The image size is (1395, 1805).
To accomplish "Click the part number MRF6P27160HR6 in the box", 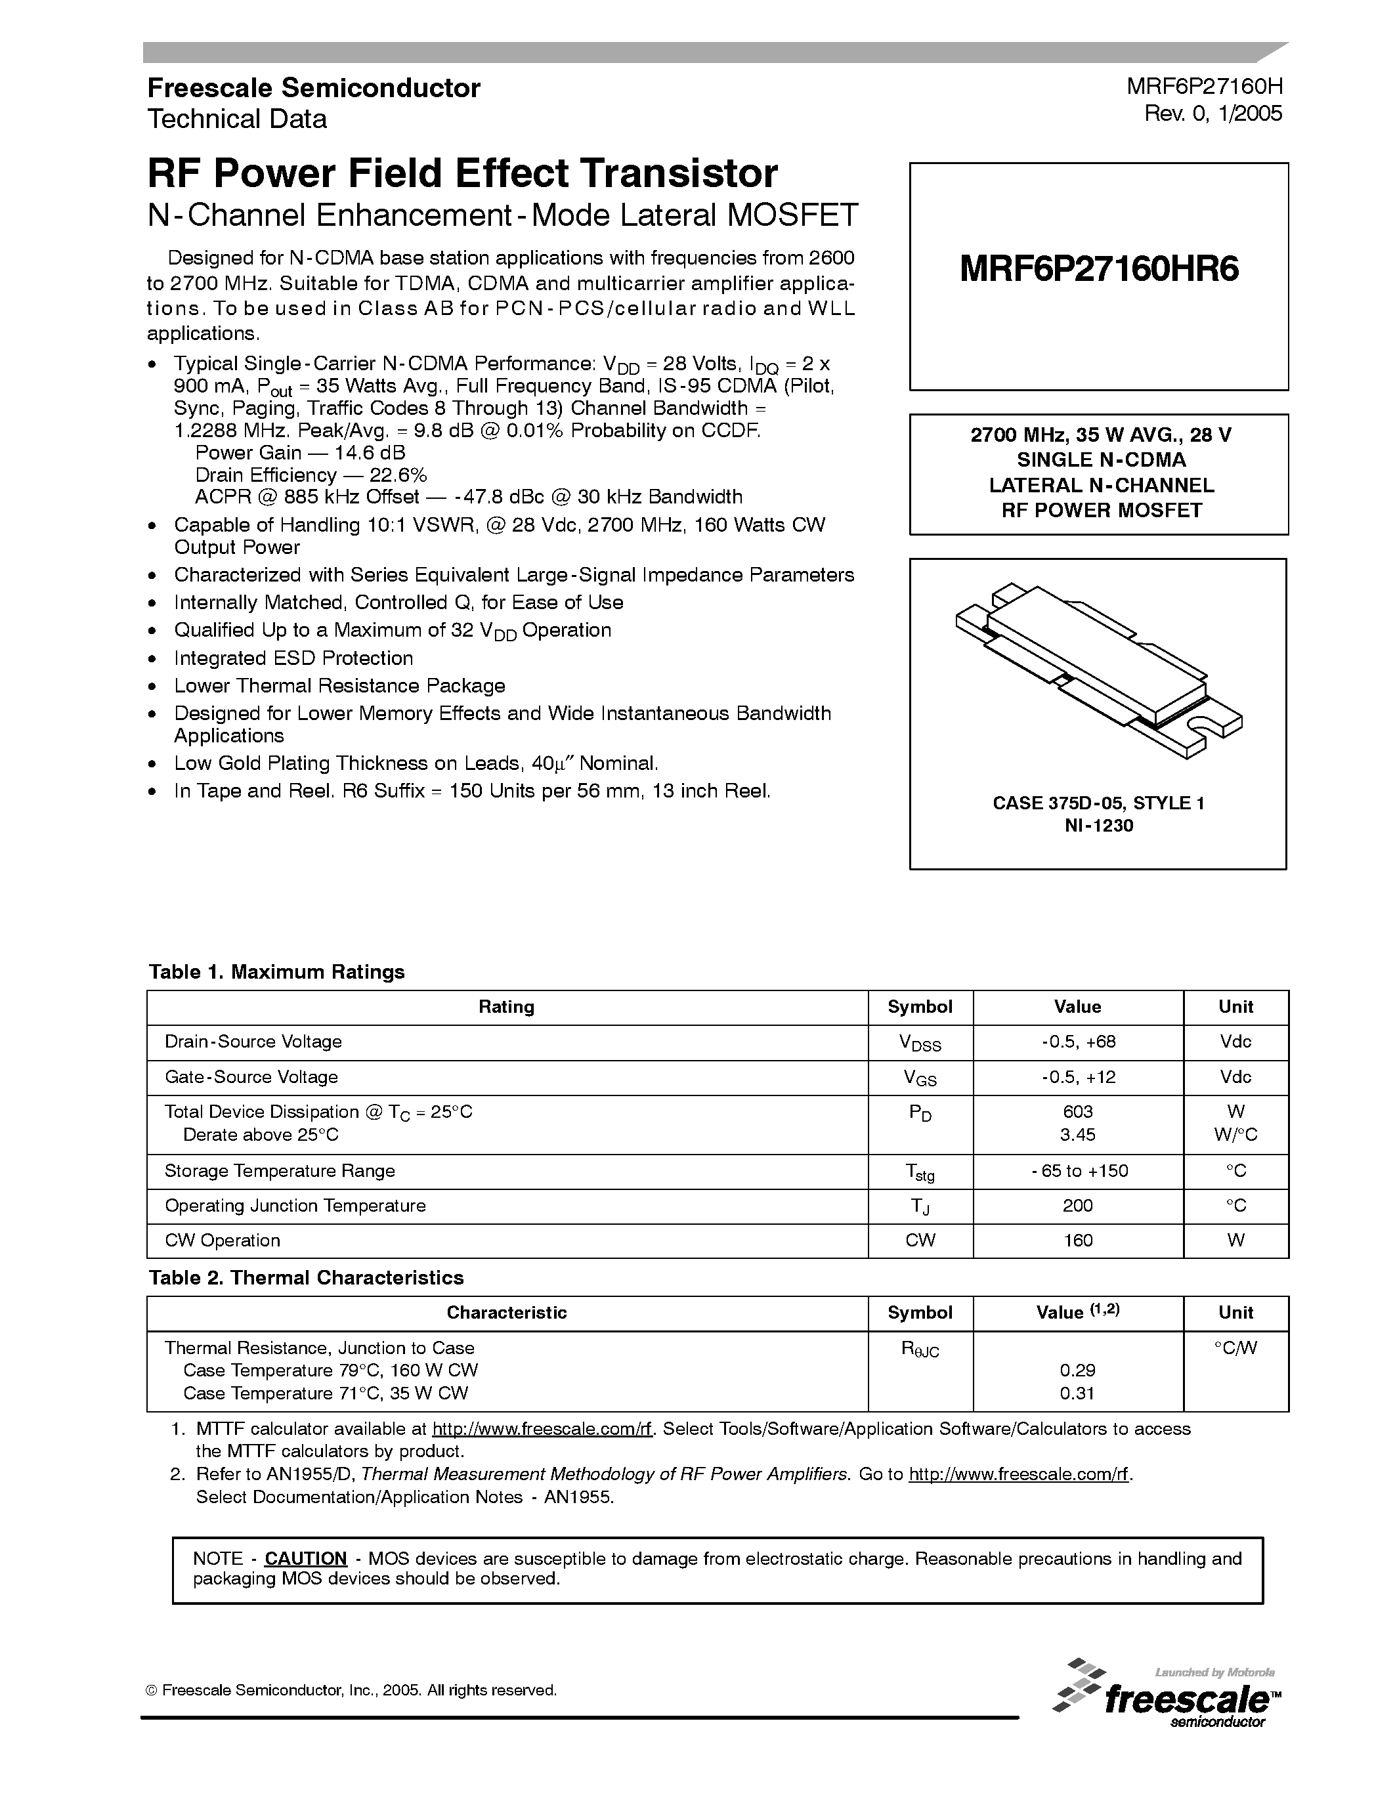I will click(x=1099, y=270).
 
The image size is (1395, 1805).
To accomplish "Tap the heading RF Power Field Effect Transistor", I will click(x=462, y=173).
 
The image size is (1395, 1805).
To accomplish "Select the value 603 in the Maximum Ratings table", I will click(x=1078, y=1113).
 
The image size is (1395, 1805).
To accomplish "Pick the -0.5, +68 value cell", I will click(x=1078, y=1042).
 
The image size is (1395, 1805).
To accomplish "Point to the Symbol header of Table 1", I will click(x=920, y=1007).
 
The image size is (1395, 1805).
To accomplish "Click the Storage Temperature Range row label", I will click(x=280, y=1171).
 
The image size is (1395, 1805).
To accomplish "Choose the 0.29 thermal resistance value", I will click(x=1078, y=1370).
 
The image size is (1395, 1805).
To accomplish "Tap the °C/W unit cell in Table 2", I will click(x=1235, y=1348).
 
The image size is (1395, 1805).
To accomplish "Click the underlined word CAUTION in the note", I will click(x=305, y=1559).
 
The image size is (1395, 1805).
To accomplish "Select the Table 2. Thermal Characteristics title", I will click(x=306, y=1278).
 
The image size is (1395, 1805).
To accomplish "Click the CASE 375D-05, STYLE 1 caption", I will click(x=1098, y=803).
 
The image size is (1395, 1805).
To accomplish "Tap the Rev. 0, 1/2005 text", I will click(x=1213, y=114).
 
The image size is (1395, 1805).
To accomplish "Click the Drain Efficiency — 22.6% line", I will click(x=311, y=475).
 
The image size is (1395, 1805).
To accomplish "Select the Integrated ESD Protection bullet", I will click(x=293, y=659).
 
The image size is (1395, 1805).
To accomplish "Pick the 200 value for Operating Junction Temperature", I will click(x=1078, y=1206).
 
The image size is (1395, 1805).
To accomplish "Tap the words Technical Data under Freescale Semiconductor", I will click(x=237, y=119).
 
